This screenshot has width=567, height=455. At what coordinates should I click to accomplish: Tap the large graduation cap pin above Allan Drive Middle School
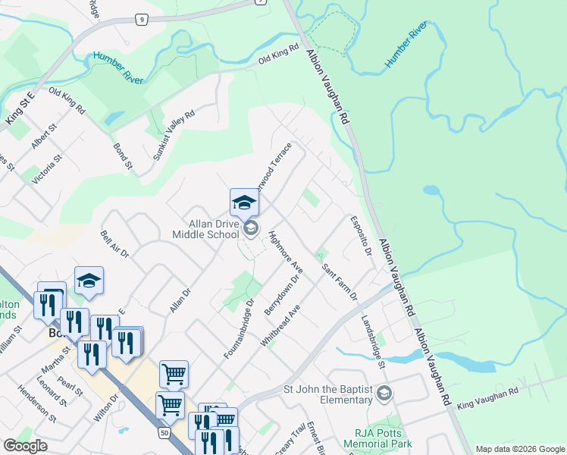tap(245, 202)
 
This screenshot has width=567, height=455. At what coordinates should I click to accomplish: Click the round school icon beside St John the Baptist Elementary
tap(384, 392)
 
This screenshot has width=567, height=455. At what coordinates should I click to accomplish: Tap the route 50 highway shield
tap(164, 432)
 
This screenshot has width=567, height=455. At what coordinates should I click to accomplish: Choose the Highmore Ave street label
tap(286, 253)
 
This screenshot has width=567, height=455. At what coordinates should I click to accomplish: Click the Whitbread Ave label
tap(280, 326)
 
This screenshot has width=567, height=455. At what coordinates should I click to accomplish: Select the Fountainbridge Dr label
tap(238, 330)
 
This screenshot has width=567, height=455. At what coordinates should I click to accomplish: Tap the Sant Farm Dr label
tap(339, 281)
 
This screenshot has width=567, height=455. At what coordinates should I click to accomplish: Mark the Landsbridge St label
tap(372, 342)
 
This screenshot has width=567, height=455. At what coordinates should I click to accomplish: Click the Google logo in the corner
tap(26, 445)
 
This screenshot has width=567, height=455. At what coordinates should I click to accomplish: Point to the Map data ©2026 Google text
tap(520, 449)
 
